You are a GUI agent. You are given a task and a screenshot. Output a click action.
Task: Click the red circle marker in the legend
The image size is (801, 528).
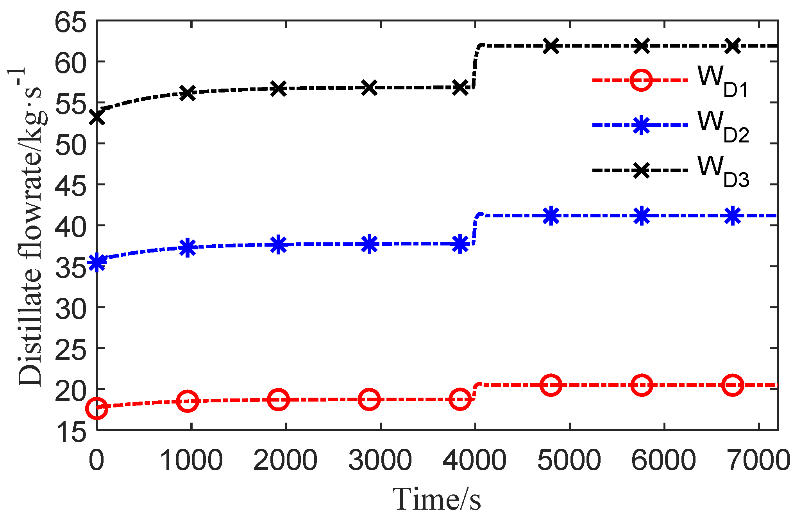641,80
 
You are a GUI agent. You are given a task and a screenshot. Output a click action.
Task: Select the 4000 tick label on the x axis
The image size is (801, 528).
475,460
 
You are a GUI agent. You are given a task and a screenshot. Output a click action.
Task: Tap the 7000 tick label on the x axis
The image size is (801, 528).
759,460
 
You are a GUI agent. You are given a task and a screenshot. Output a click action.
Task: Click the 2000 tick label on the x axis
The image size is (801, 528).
286,460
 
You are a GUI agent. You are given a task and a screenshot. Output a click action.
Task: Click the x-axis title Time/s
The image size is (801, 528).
436,499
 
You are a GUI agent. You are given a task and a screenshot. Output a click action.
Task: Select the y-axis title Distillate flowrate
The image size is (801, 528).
29,226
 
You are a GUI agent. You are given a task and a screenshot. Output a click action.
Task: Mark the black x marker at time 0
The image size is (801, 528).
97,117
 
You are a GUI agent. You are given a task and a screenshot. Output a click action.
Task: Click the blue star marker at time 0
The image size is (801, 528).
97,263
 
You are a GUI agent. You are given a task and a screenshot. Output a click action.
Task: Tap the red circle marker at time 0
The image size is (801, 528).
97,408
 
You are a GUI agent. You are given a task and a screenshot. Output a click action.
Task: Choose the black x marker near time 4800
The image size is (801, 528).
551,46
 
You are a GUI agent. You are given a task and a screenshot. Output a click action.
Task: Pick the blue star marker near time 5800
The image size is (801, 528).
642,216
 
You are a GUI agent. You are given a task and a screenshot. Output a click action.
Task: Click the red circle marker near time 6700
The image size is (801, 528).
733,385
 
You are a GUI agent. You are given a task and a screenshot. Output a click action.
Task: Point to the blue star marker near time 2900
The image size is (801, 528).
369,244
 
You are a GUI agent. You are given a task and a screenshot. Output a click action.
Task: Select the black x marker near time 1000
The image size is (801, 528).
188,93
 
